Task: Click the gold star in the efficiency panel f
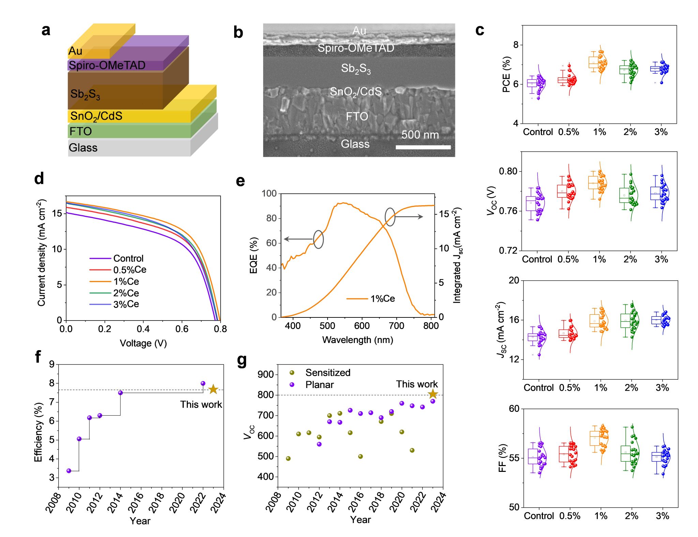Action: pyautogui.click(x=213, y=389)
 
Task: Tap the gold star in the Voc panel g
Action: pyautogui.click(x=433, y=394)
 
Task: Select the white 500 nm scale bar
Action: pyautogui.click(x=423, y=147)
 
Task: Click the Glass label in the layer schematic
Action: pyautogui.click(x=83, y=148)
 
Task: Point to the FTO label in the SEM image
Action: pyautogui.click(x=357, y=117)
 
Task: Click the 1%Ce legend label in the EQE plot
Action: pyautogui.click(x=382, y=299)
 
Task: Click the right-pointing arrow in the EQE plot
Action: pyautogui.click(x=409, y=217)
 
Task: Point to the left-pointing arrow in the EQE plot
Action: pyautogui.click(x=298, y=239)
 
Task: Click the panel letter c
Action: pyautogui.click(x=480, y=30)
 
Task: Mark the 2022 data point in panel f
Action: pyautogui.click(x=203, y=383)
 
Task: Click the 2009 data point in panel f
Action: pyautogui.click(x=69, y=471)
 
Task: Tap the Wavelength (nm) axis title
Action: pyautogui.click(x=358, y=340)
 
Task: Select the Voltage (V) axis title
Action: pyautogui.click(x=143, y=343)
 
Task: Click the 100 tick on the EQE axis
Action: pyautogui.click(x=269, y=193)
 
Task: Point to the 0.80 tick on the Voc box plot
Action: pyautogui.click(x=508, y=171)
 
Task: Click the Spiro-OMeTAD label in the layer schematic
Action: pyautogui.click(x=107, y=65)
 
